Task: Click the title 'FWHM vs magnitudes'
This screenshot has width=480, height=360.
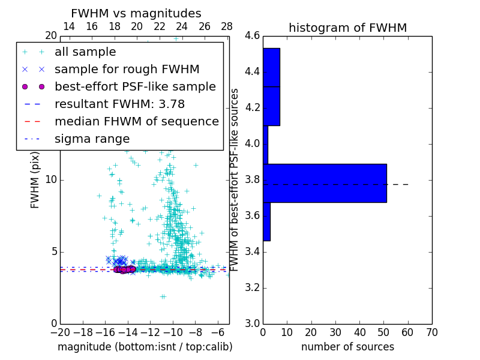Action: (136, 13)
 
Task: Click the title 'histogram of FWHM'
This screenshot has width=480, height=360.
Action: (347, 28)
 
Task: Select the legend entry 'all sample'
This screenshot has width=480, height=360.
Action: (85, 52)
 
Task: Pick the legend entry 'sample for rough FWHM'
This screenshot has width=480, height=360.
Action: (127, 69)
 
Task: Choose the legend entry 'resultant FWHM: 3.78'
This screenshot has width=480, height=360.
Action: (119, 104)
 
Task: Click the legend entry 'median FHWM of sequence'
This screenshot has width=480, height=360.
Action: (136, 121)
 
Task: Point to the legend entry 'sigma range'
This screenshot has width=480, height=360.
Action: (92, 139)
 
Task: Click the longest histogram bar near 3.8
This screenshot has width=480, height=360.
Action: (325, 183)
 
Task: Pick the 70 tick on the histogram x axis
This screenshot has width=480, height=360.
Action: (431, 332)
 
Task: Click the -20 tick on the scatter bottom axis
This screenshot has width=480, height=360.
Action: (60, 332)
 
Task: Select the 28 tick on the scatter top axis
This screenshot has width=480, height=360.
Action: (227, 26)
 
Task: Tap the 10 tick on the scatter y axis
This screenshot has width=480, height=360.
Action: (51, 179)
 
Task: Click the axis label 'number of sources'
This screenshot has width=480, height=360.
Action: (347, 347)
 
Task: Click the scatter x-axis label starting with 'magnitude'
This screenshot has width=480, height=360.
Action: (145, 347)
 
